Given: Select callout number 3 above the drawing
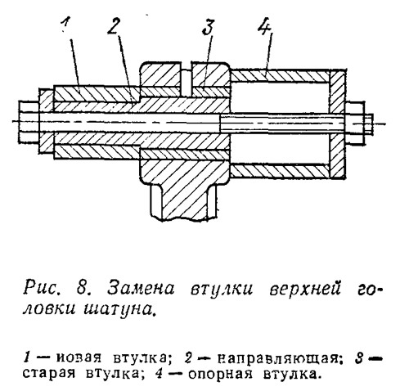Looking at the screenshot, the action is pos(209,27).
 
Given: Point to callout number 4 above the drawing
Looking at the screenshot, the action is pos(263,26).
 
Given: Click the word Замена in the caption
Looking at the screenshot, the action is pos(141,289).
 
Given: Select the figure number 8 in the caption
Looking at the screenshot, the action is pos(82,289).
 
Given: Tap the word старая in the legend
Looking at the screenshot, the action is pos(49,375).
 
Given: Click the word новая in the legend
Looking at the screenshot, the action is pos(79,358).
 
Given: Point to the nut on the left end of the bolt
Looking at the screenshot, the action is pos(29,122).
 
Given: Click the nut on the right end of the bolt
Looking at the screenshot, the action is pos(355,124).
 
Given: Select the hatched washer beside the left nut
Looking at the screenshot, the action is pos(47,121).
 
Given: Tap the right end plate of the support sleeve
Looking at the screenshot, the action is pos(337,124).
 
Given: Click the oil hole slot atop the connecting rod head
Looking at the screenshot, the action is pos(186,79).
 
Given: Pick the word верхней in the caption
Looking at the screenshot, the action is pos(306,289).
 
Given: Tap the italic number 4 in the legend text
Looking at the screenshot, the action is pos(159,375).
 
